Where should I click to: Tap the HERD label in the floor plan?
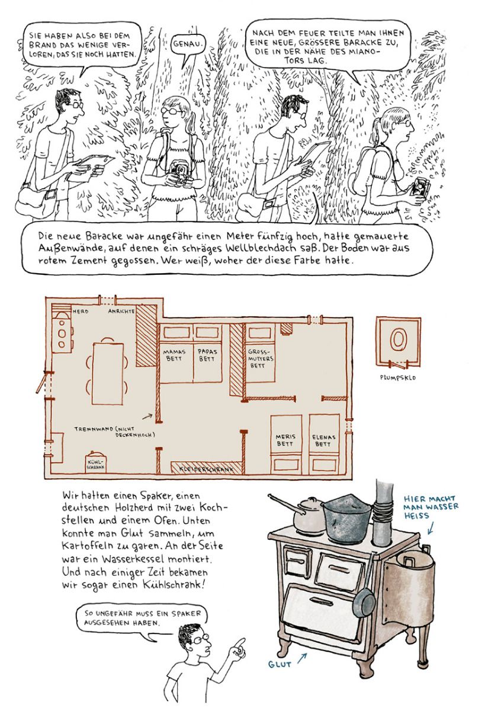pyautogui.click(x=81, y=312)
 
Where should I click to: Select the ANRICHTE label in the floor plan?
pyautogui.click(x=121, y=312)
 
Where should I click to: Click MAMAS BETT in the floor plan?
pyautogui.click(x=174, y=355)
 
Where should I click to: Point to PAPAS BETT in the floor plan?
pyautogui.click(x=207, y=355)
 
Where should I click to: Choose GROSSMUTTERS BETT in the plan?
pyautogui.click(x=261, y=358)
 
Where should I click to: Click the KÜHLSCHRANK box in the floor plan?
pyautogui.click(x=95, y=463)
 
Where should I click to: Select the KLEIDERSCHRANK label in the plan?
pyautogui.click(x=206, y=469)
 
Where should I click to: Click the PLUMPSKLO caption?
pyautogui.click(x=398, y=378)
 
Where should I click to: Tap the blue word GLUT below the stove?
pyautogui.click(x=279, y=664)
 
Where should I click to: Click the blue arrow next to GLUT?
pyautogui.click(x=302, y=658)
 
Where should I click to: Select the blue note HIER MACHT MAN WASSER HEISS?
pyautogui.click(x=430, y=507)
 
